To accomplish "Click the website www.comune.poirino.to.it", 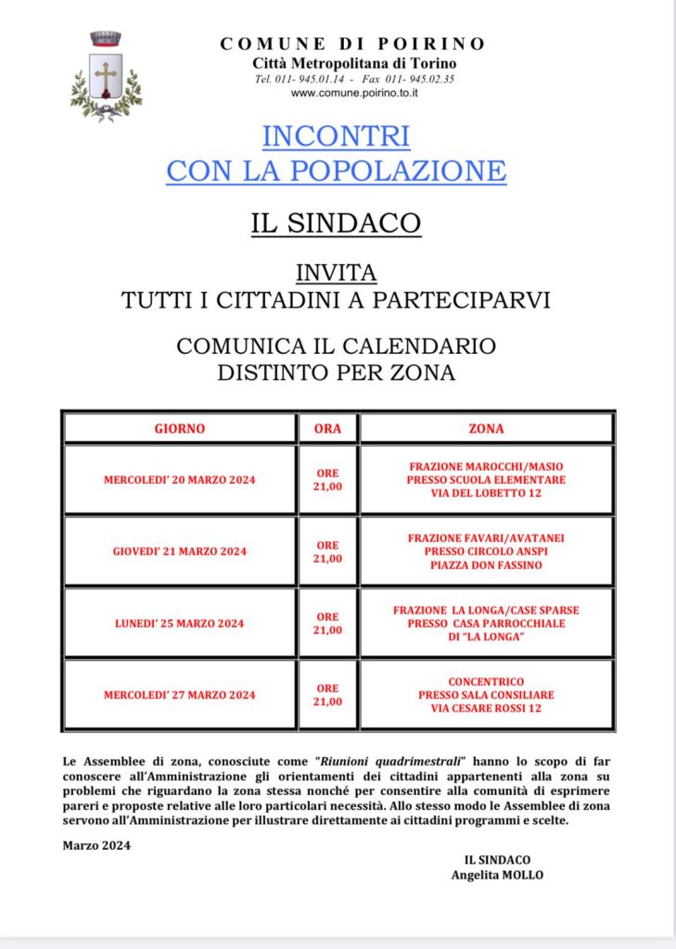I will pos(354,94).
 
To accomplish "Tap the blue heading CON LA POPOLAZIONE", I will pos(336,171).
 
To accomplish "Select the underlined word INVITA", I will pos(336,272).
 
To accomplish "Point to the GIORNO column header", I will pos(179,429).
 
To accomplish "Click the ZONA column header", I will pos(486,429).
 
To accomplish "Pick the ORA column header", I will pos(327,429).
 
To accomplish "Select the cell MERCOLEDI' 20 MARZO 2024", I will pos(179,480).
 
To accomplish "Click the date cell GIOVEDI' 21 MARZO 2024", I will pos(179,551).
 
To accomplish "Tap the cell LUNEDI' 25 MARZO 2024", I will pos(179,623).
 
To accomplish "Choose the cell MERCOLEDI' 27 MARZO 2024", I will pos(179,695).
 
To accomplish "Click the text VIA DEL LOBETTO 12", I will pos(486,493).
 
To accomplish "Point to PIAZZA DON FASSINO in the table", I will pos(486,564).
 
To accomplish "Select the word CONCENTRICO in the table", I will pos(486,681).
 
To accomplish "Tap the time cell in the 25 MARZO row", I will pos(327,623).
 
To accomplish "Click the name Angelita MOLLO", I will pos(497,876).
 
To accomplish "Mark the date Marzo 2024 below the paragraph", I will pos(96,845).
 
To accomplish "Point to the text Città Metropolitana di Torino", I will pos(354,63).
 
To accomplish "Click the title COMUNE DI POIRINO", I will pos(352,44).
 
